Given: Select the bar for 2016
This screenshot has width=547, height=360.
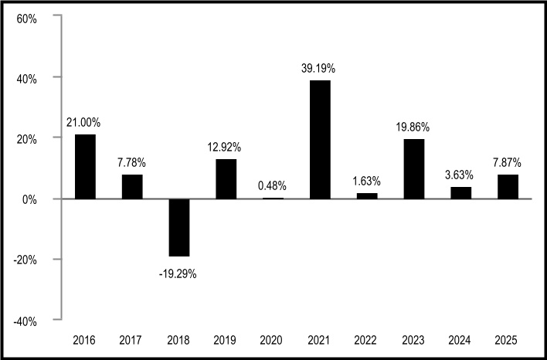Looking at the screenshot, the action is (85, 167).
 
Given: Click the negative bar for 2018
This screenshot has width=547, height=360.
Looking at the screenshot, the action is (179, 228).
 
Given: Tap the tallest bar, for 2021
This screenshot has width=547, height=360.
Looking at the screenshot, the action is (320, 140).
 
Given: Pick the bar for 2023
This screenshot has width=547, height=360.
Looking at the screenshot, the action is (414, 169).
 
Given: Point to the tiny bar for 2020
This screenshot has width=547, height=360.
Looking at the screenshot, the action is (273, 199).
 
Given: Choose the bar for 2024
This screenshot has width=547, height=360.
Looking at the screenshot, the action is (460, 193).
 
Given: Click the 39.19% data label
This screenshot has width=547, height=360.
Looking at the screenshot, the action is (318, 69).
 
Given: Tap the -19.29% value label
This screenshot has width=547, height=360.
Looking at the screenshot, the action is (178, 274).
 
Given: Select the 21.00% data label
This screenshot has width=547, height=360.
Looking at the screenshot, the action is (83, 123).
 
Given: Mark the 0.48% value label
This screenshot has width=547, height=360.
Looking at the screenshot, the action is (272, 186).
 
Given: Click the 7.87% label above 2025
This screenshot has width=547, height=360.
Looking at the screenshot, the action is (508, 162).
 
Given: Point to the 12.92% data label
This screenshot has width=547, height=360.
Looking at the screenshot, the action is (224, 148).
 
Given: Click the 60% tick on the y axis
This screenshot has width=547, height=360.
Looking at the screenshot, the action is (26, 19).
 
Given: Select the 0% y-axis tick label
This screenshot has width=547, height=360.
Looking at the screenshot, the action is (29, 200).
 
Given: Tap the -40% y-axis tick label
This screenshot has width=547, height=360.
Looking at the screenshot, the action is (25, 321).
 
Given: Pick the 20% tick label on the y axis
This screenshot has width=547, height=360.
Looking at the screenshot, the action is (26, 140).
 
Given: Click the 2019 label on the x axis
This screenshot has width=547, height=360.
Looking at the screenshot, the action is (225, 340).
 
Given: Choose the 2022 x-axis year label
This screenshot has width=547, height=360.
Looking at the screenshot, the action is (365, 340).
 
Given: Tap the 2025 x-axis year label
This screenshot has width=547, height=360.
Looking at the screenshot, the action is (507, 340).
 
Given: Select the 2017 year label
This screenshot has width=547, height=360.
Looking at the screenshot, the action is (131, 340).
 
